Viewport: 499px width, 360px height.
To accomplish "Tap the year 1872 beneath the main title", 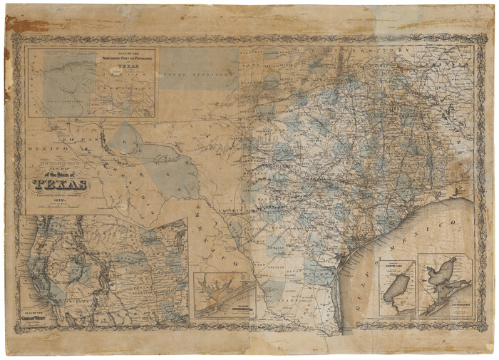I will point(59,201).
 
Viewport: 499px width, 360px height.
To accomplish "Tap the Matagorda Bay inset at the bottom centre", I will point(224,294).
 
